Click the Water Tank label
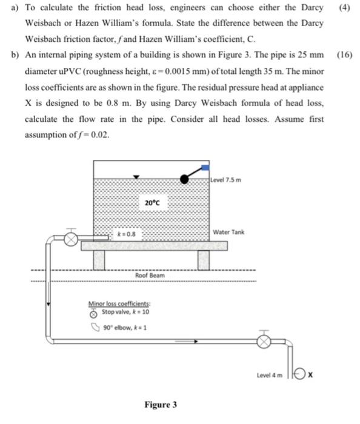[x=228, y=233]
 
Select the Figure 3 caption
[x=161, y=405]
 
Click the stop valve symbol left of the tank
[x=72, y=239]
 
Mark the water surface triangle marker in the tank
[x=138, y=177]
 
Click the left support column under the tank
[x=99, y=259]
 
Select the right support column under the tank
[x=204, y=259]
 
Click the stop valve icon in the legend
[x=93, y=314]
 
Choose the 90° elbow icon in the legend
[x=93, y=328]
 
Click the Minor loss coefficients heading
[x=119, y=304]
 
